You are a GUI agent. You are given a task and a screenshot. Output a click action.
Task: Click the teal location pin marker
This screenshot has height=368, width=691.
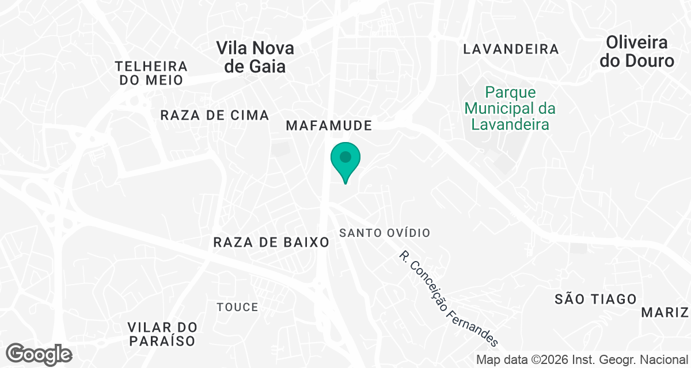[x=345, y=162]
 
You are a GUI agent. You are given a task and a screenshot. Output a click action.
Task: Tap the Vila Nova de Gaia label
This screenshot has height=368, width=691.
[x=255, y=57]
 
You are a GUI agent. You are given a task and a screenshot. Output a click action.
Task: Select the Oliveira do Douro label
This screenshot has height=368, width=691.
[x=636, y=51]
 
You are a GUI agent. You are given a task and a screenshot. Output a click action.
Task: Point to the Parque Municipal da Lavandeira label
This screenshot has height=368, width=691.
[x=510, y=108]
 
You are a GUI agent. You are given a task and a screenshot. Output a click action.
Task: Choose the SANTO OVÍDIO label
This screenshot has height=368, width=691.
[x=385, y=233]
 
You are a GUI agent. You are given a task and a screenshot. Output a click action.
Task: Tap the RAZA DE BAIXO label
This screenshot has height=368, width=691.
[x=271, y=242]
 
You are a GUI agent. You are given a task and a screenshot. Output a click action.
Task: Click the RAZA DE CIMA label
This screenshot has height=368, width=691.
[x=215, y=115]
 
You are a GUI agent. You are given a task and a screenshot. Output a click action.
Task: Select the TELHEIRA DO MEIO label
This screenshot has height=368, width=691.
[x=151, y=73]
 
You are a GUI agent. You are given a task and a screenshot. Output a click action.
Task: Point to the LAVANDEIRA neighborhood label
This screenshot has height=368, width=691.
[x=511, y=49]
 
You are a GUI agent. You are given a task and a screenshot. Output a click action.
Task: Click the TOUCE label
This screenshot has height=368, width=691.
[x=237, y=307]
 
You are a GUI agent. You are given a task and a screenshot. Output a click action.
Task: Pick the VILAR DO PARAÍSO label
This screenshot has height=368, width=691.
[x=162, y=334]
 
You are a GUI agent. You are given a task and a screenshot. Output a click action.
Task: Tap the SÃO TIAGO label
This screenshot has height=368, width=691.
[x=596, y=299]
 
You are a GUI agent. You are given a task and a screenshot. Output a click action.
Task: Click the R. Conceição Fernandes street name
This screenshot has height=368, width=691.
[x=448, y=299]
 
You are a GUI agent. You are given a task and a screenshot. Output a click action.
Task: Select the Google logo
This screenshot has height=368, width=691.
[x=39, y=353]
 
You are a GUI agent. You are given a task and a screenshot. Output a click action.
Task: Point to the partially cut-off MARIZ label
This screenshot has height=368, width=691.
[x=666, y=312]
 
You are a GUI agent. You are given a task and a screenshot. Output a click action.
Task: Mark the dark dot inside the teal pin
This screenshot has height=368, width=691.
[x=345, y=156]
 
